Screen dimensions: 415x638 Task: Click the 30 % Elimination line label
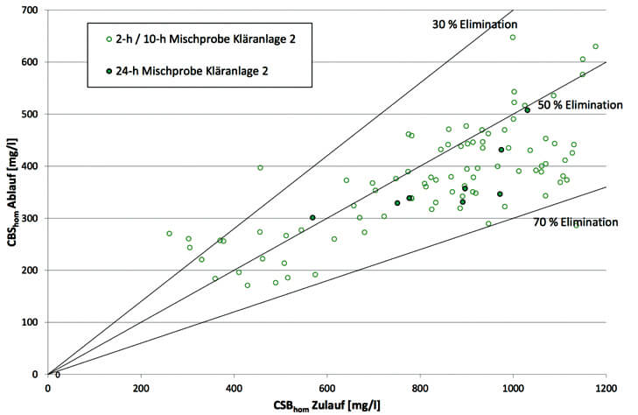(x=476, y=25)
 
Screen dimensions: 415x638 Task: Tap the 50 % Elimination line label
(x=579, y=105)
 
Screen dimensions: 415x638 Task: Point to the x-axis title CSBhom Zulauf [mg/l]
(x=326, y=405)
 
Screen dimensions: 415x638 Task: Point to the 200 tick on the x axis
(x=140, y=388)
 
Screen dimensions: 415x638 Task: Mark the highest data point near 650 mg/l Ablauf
(x=513, y=38)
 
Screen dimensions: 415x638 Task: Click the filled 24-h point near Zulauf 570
(x=312, y=218)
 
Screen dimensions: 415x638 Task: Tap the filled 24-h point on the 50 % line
(x=527, y=110)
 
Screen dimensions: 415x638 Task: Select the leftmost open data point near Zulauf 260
(x=169, y=234)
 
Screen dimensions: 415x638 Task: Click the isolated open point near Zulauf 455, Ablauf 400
(x=260, y=167)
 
